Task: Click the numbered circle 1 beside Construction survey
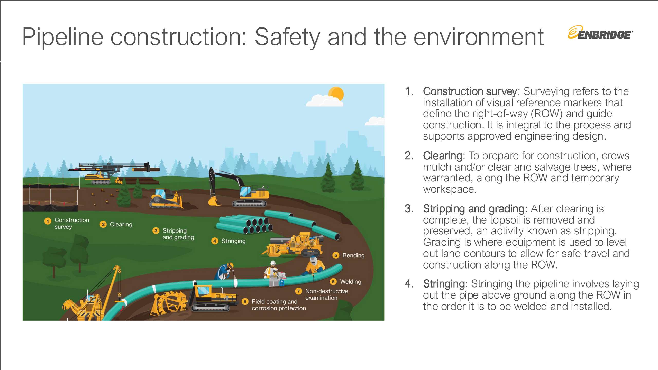48,221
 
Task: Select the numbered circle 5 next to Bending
336,255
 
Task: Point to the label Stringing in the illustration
233,241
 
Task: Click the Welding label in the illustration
351,282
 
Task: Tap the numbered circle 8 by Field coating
245,302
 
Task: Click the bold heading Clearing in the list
443,156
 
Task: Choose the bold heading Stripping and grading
474,209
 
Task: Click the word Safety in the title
287,37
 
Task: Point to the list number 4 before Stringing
409,284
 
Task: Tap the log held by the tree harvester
146,169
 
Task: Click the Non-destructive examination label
326,294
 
